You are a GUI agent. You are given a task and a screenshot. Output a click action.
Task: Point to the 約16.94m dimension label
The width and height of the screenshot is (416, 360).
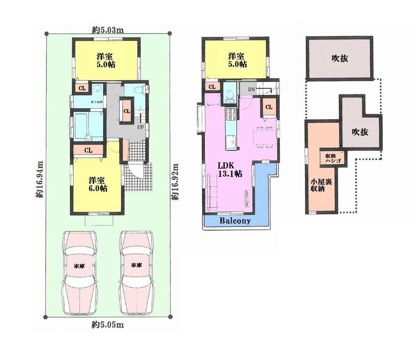40,179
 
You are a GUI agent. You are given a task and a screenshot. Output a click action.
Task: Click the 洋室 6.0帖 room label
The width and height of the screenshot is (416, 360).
98,184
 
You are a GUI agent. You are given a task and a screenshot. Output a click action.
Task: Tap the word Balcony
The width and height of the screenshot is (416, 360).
235,221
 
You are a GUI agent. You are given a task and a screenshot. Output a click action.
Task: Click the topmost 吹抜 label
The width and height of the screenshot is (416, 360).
340,59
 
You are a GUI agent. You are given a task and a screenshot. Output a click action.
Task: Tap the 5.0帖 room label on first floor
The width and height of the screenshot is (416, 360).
106,61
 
